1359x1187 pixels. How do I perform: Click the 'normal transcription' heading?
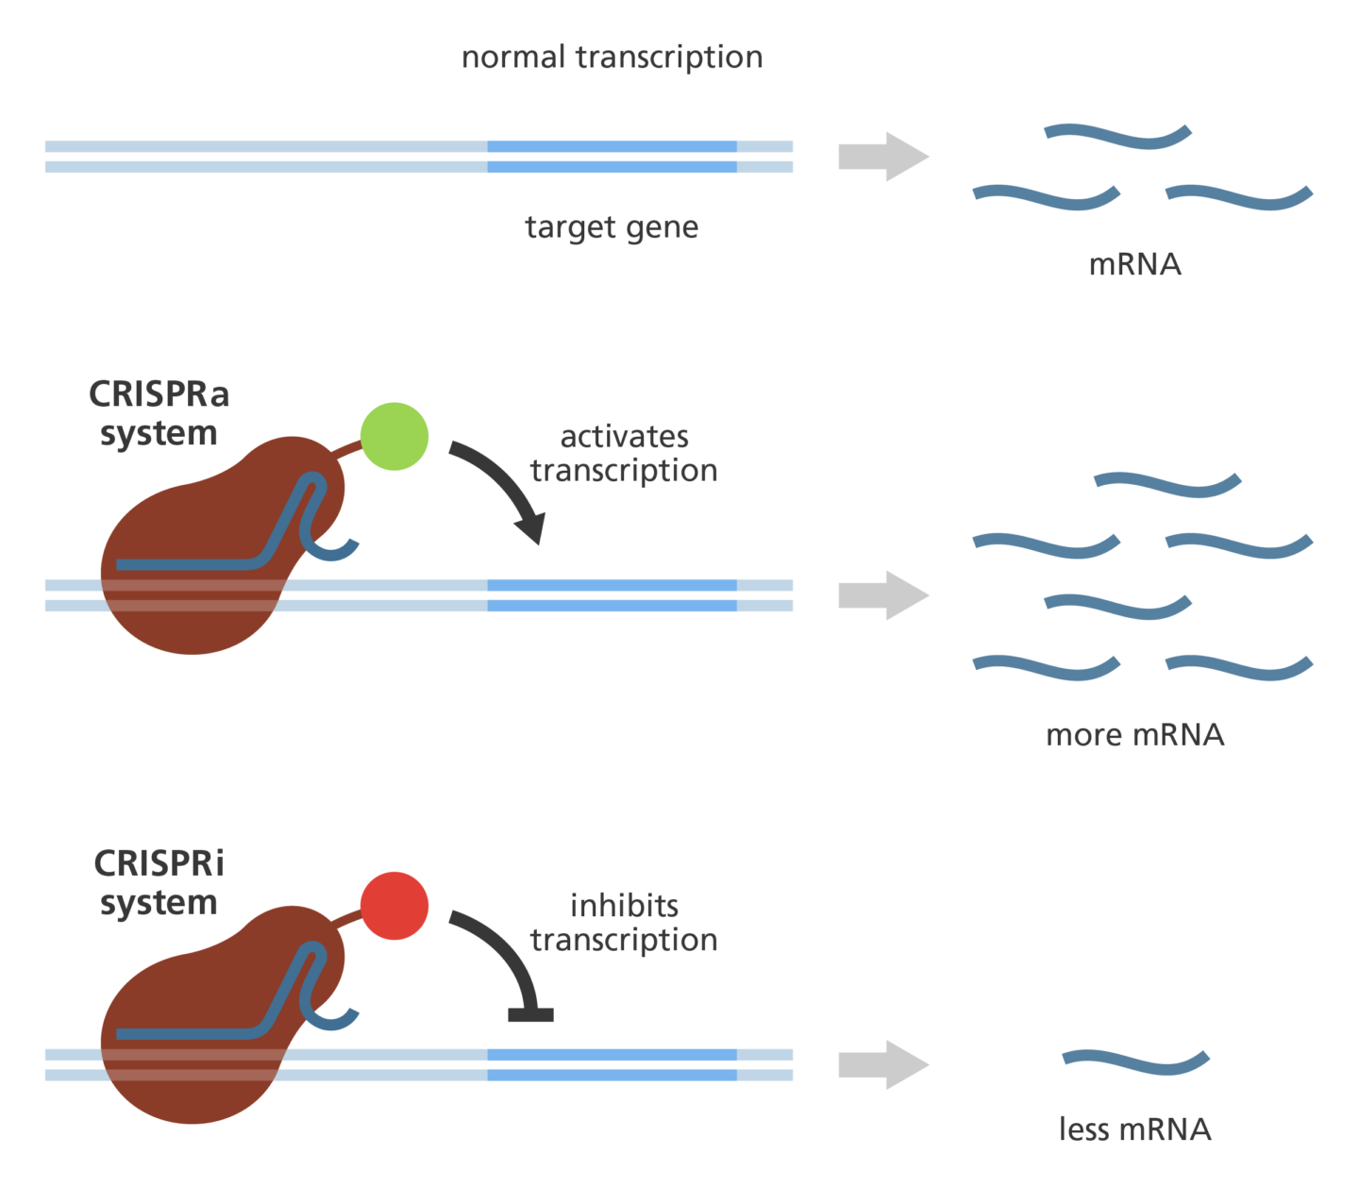tap(612, 58)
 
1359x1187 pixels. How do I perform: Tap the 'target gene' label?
tap(612, 227)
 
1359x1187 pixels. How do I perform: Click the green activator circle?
tap(394, 436)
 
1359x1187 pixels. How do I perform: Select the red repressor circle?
tap(394, 906)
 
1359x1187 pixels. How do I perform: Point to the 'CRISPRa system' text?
tap(159, 413)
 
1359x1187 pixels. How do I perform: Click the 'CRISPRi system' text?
tap(159, 882)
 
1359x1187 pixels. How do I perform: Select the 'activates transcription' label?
tap(624, 453)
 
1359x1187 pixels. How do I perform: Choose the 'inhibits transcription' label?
tap(624, 922)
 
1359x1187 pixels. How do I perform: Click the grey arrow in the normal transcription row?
tap(883, 157)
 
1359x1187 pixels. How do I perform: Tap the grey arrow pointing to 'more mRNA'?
tap(883, 595)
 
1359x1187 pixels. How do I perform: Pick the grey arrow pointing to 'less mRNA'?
tap(883, 1065)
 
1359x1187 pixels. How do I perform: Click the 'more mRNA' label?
tap(1134, 735)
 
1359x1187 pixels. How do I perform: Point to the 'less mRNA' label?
tap(1134, 1128)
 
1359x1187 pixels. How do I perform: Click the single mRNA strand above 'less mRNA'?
tap(1135, 1062)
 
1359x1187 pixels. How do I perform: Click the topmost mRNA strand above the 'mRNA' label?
tap(1117, 136)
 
